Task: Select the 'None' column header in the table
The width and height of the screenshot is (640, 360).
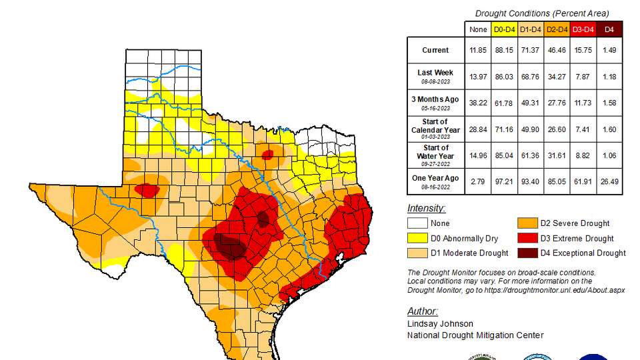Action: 478,29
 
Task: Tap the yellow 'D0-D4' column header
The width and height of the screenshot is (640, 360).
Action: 504,29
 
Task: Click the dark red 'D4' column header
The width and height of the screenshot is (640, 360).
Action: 609,29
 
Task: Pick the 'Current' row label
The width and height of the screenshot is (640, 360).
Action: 435,50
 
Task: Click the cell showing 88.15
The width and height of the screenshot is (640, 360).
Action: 504,50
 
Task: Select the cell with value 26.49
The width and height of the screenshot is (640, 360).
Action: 609,181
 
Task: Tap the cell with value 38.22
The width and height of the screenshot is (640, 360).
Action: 478,103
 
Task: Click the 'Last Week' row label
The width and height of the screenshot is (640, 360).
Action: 435,73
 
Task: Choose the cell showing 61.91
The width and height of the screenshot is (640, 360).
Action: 583,181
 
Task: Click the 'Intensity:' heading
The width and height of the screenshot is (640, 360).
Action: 426,209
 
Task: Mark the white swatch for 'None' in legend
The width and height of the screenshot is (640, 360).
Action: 417,223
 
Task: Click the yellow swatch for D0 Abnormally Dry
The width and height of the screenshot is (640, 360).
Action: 417,238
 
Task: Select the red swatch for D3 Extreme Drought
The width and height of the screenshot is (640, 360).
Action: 527,238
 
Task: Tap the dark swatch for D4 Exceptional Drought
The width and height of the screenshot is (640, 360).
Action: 527,253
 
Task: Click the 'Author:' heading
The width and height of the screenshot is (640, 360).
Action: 423,311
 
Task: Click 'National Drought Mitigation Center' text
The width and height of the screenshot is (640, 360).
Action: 475,335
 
